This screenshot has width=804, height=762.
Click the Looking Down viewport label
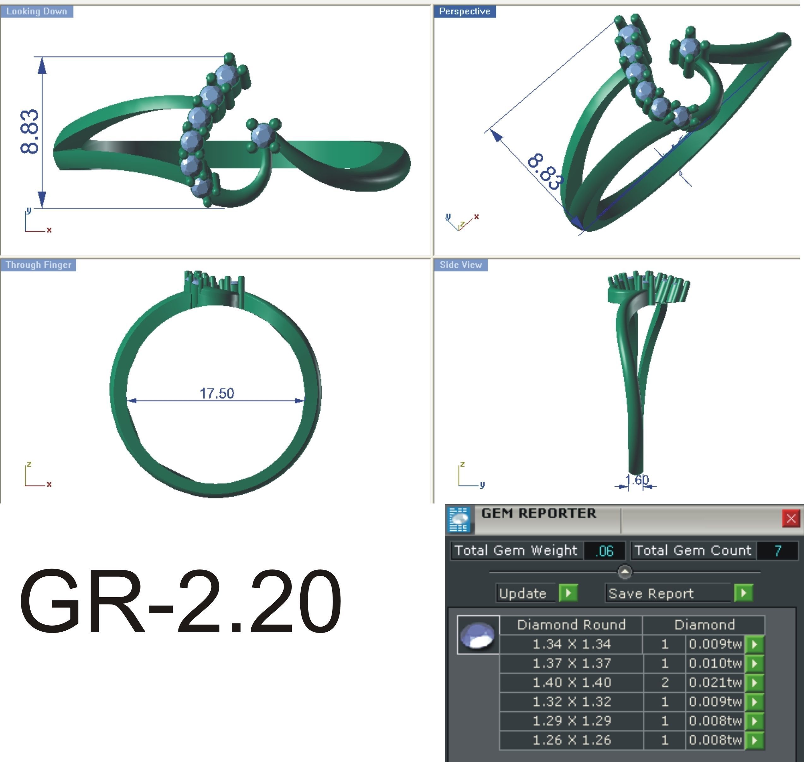(37, 11)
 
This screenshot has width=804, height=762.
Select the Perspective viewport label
(464, 11)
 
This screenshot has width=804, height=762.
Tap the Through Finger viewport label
(38, 265)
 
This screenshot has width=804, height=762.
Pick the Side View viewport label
(460, 265)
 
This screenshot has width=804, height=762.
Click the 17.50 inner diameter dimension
(217, 393)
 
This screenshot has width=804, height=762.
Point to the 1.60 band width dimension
(637, 480)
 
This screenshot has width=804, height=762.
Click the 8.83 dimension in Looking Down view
(30, 132)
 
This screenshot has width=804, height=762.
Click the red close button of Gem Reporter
(791, 518)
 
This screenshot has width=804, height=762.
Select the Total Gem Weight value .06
(604, 551)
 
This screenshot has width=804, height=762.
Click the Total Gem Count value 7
(777, 551)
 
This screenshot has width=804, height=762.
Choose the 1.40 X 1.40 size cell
(571, 682)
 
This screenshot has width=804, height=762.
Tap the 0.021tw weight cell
(715, 682)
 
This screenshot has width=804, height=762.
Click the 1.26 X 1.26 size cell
(571, 740)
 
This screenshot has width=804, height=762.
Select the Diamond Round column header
(571, 625)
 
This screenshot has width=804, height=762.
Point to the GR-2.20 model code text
(180, 602)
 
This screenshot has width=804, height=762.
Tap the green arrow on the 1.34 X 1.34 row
(754, 644)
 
